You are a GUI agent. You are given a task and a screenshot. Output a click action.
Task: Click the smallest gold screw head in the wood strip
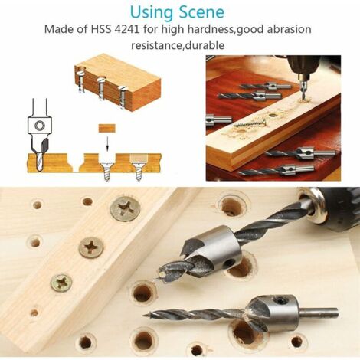click(x=61, y=283)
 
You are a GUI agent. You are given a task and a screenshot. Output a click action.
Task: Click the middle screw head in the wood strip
click(x=92, y=247)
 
